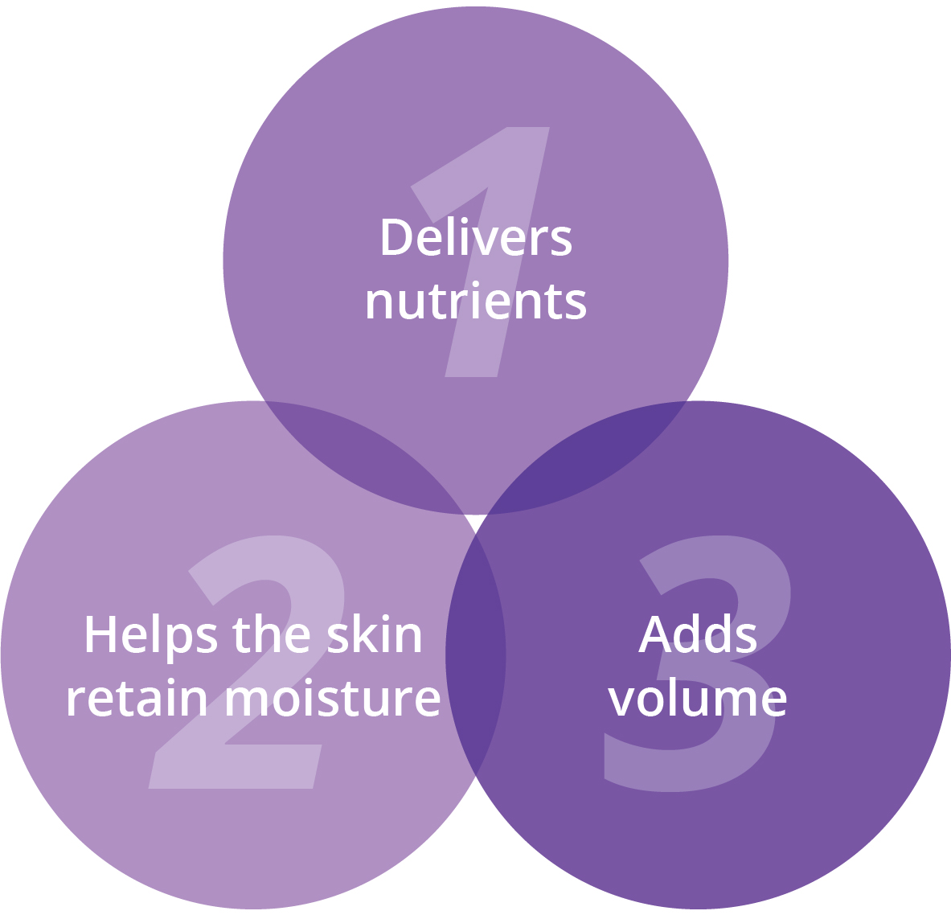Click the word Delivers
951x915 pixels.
tap(477, 236)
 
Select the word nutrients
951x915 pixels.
tap(476, 301)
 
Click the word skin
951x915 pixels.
tap(375, 634)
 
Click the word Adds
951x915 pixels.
tap(698, 634)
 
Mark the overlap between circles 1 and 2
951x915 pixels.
tap(364, 455)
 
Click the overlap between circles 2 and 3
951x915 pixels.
tap(476, 655)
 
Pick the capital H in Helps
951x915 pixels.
tap(100, 634)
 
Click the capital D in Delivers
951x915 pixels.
tap(397, 236)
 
